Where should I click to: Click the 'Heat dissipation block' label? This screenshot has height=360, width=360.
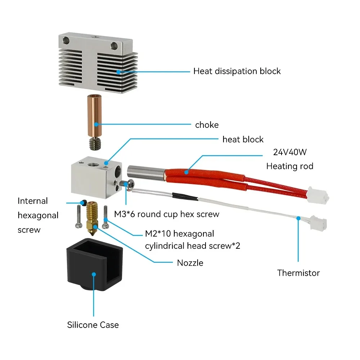tap(237, 71)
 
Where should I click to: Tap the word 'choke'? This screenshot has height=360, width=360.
tap(207, 125)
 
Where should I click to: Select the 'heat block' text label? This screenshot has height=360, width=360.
tap(243, 139)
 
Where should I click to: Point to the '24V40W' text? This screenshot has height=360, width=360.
tap(290, 152)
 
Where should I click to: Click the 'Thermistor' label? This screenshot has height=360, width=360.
tap(298, 273)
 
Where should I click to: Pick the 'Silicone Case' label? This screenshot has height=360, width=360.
tap(93, 325)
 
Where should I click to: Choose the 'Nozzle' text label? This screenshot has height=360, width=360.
tap(190, 263)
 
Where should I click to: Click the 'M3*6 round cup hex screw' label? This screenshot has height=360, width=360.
tap(167, 214)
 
